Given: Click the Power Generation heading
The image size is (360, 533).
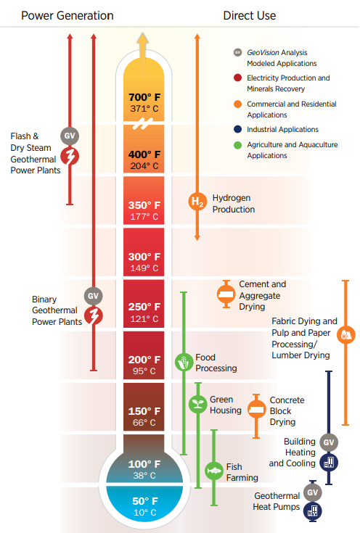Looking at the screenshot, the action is coord(67,16).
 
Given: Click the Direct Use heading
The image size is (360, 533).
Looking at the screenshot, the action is coord(250,16).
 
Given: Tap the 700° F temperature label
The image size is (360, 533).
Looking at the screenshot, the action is coord(144,97).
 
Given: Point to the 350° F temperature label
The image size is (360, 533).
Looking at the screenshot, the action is coord(144,205).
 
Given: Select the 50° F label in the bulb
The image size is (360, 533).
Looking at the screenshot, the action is coord(145,501).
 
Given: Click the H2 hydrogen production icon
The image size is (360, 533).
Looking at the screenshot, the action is coord(197,202).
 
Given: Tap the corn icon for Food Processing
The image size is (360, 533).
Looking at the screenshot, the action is coord(184,362).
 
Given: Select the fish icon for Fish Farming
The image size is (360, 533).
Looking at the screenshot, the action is coord(214,471).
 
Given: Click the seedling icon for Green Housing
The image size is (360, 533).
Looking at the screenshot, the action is coord(198,404).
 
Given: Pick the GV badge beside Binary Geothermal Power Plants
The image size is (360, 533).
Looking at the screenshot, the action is coord(93,296).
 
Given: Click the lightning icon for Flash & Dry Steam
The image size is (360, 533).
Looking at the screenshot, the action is coord(70,157).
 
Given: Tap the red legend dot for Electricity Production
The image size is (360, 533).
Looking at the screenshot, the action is coord(237,78).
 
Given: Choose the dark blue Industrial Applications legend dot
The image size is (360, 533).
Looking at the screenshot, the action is coord(237,129).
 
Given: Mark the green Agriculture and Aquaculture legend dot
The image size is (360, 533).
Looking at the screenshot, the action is coord(237,145).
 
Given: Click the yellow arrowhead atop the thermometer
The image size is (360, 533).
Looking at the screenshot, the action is coord(143,38).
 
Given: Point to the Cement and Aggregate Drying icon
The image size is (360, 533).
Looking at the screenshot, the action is coord(226,294).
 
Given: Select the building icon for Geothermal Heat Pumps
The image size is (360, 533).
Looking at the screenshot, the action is coord(313,511).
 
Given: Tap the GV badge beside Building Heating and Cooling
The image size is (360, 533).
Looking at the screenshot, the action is coord(329,442).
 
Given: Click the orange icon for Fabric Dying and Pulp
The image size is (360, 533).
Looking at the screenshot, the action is coord(345,335).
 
